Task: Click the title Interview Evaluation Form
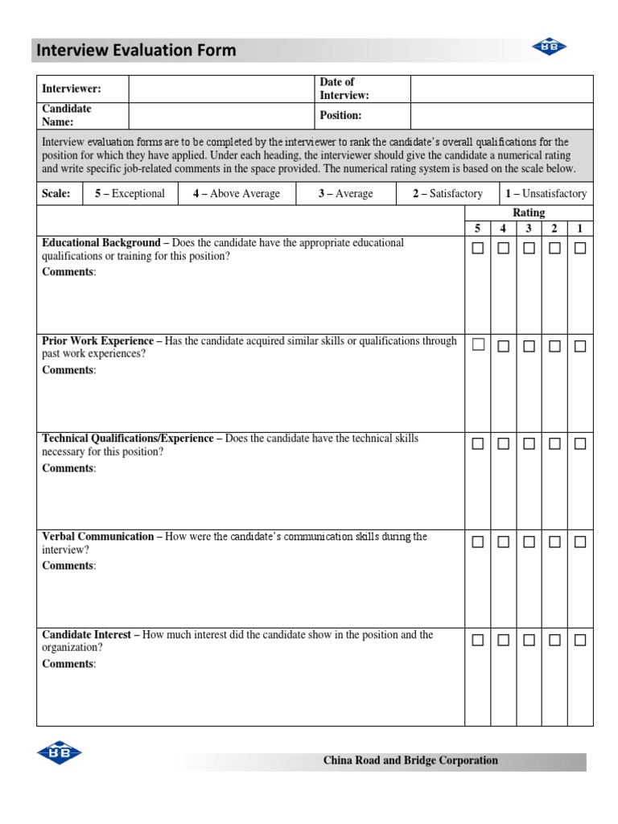click(x=135, y=50)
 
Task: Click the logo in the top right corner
click(x=549, y=48)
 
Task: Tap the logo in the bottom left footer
click(x=60, y=752)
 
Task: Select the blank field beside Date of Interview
click(x=501, y=89)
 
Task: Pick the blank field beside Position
click(x=501, y=116)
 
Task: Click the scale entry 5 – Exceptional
click(x=130, y=194)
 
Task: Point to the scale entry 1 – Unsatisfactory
click(x=546, y=194)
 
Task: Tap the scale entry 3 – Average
click(x=345, y=194)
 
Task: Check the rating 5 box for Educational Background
click(x=478, y=249)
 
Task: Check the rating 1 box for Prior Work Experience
click(x=580, y=346)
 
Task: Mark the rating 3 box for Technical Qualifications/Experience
click(x=529, y=444)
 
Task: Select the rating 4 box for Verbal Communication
click(x=503, y=542)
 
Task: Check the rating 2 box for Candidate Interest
click(x=554, y=641)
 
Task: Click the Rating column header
click(x=529, y=212)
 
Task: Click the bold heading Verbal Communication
click(x=97, y=537)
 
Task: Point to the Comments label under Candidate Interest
click(x=68, y=664)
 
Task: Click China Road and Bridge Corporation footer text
click(x=410, y=760)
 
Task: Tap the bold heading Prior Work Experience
click(x=97, y=341)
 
